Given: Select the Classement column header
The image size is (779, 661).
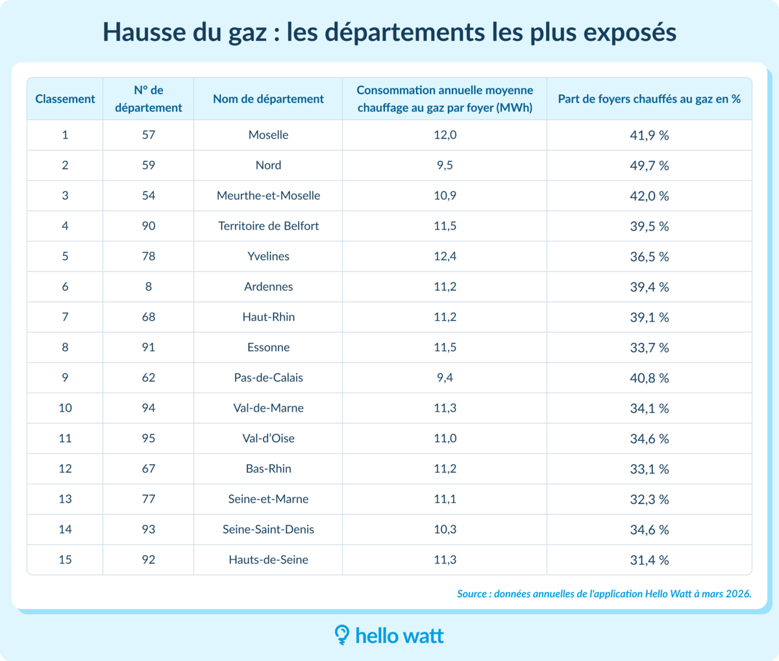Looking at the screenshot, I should click(65, 99).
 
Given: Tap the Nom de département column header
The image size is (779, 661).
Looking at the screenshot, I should click(268, 99).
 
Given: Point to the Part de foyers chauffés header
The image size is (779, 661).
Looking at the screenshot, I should click(649, 99).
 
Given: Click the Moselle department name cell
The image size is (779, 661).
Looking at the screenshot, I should click(268, 135).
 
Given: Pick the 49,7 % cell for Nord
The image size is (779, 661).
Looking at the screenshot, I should click(649, 166).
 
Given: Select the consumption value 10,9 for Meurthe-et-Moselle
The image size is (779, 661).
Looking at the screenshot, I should click(445, 195).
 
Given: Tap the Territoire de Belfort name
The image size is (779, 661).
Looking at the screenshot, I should click(268, 226).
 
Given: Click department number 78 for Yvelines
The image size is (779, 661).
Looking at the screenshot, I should click(149, 256).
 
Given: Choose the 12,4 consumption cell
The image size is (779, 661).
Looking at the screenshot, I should click(445, 256).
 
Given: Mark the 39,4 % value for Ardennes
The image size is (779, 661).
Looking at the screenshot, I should click(649, 287).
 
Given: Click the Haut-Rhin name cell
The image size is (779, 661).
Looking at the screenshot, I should click(268, 317).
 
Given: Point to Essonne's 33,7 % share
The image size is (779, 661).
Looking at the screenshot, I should click(649, 347).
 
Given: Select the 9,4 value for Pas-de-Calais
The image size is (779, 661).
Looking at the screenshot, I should click(445, 378).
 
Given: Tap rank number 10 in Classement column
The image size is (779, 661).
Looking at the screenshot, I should click(65, 408).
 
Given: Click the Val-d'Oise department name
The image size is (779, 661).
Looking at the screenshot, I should click(268, 438).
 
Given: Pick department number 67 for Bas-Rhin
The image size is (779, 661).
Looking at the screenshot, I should click(149, 469).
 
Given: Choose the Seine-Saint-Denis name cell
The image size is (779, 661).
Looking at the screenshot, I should click(268, 529).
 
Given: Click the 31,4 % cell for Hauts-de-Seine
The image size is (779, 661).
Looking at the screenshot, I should click(649, 560).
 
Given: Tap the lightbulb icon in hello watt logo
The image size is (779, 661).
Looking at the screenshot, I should click(341, 634).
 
